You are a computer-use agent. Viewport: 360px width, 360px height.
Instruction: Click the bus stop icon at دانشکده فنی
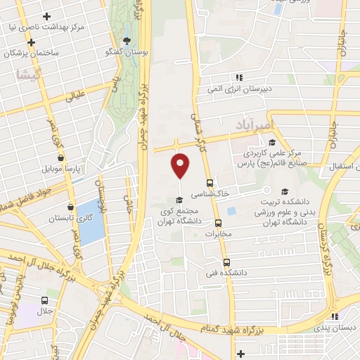[x=226, y=261]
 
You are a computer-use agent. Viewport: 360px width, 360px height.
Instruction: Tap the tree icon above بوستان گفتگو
[x=127, y=41]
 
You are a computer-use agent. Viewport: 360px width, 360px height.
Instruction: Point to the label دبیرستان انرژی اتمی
[x=239, y=89]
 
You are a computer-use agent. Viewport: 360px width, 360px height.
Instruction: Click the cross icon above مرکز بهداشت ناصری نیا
[x=46, y=15]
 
